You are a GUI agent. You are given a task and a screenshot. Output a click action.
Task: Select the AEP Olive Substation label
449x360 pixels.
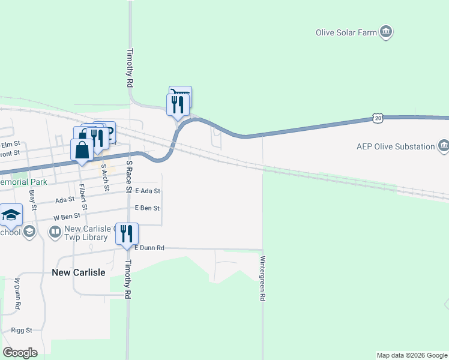396,146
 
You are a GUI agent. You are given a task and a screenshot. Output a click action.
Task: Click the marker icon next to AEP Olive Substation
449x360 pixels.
443,145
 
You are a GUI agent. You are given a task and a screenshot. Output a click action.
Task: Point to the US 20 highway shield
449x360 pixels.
377,119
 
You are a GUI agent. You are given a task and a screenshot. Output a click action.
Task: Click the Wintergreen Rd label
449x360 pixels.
262,279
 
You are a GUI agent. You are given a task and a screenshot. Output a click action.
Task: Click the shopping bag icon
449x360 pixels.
82,150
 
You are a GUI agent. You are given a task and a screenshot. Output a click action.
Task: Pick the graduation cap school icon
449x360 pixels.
11,215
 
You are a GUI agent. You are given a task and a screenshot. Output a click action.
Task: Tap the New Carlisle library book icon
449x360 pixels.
55,231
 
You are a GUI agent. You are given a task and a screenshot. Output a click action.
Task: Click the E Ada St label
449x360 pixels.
148,191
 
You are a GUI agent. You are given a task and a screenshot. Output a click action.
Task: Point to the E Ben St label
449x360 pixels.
147,208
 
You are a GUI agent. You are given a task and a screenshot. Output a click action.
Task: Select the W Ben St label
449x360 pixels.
66,217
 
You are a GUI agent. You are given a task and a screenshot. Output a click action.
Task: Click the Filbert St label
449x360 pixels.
85,197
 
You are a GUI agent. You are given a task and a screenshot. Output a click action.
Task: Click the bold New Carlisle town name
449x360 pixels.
79,272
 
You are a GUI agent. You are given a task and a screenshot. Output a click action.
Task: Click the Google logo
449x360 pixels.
20,353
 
